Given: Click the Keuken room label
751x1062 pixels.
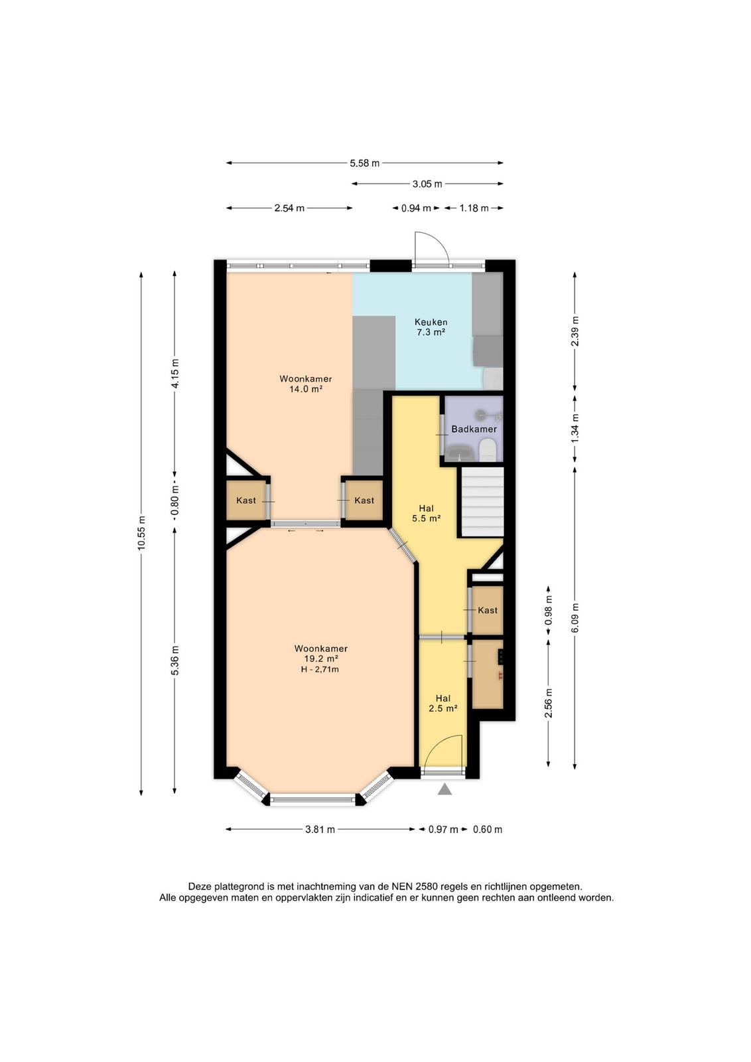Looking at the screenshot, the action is click(431, 323).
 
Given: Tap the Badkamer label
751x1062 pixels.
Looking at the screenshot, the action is click(474, 429).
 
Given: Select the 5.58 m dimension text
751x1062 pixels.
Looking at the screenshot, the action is click(365, 163).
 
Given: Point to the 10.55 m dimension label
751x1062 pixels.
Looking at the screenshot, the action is click(141, 533).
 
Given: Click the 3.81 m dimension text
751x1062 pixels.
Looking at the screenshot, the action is click(320, 829).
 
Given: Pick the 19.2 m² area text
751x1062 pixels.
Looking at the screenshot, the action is click(321, 658).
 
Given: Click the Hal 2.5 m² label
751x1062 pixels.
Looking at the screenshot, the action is click(443, 704).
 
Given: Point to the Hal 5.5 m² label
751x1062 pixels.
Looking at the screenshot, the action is click(427, 514).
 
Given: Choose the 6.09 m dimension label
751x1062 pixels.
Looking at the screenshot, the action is click(575, 618).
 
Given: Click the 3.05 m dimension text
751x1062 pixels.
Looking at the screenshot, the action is click(427, 184).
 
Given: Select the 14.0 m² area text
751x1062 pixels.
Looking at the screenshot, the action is click(306, 389).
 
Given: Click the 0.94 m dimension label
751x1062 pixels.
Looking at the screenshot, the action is click(416, 208).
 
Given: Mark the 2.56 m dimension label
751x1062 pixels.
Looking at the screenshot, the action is click(549, 703).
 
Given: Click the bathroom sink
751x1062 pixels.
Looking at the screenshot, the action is click(458, 453).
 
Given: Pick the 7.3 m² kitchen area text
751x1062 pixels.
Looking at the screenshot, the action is click(431, 333).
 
